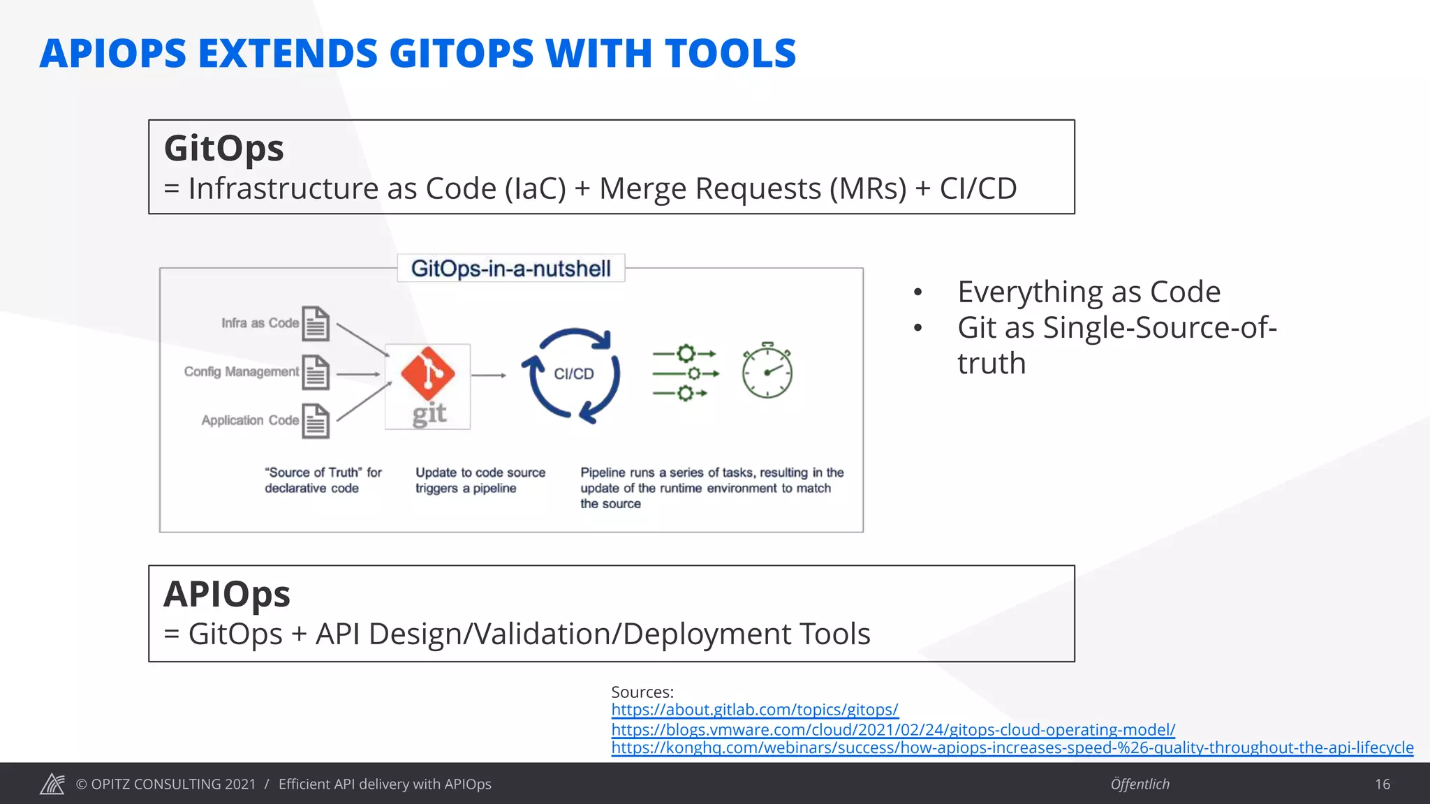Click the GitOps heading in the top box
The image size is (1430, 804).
tap(223, 149)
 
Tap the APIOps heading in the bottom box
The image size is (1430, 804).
tap(227, 594)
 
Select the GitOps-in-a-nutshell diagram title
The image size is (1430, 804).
tap(510, 269)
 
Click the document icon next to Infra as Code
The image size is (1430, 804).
tap(316, 324)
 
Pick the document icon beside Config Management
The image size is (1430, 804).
tap(316, 372)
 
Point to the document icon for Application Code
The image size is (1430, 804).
tap(316, 421)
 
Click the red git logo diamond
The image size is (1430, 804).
tap(428, 373)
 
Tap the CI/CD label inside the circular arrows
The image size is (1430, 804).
tap(574, 374)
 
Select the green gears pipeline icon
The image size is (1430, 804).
tap(685, 373)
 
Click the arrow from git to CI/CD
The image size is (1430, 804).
tap(489, 375)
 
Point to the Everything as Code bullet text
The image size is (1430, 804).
tap(1089, 292)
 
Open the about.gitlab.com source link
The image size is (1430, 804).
tap(754, 710)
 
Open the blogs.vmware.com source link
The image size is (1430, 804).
tap(893, 729)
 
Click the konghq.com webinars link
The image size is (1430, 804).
tap(1012, 747)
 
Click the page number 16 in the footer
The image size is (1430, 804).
tap(1383, 784)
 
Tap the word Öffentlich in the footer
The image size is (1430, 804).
tap(1140, 784)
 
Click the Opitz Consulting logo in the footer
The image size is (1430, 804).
tap(52, 784)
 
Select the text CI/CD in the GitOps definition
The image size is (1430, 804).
tap(978, 189)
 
